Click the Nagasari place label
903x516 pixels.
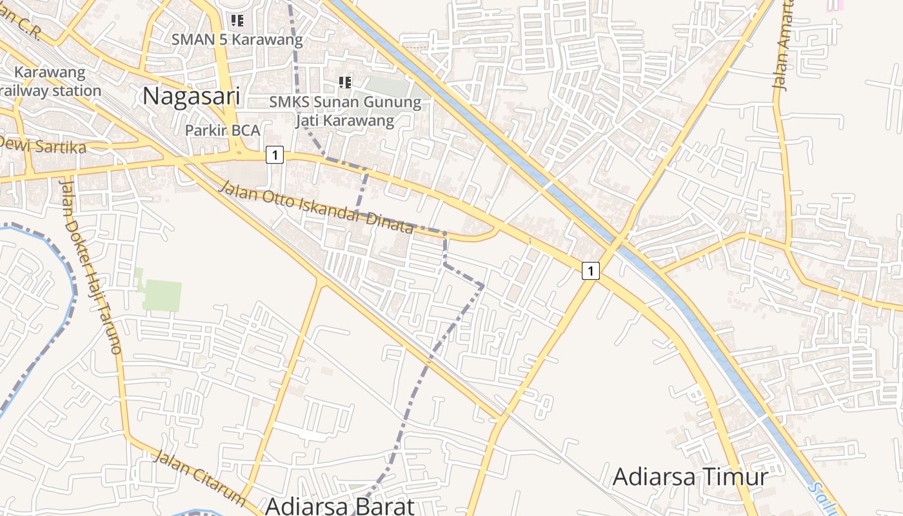tap(191, 96)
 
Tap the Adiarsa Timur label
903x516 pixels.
tap(690, 477)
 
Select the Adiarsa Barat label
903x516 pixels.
tap(339, 506)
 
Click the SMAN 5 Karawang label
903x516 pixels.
tap(237, 39)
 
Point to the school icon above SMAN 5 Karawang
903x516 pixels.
tap(237, 21)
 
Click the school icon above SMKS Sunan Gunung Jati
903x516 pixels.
tap(345, 83)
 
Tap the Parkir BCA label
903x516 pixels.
tap(223, 130)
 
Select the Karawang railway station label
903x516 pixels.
tap(50, 81)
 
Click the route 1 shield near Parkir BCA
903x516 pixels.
tap(275, 155)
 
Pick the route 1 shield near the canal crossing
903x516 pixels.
tap(590, 271)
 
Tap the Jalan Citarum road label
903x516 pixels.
tap(201, 478)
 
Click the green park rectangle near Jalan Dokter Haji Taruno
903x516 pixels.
tap(161, 295)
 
